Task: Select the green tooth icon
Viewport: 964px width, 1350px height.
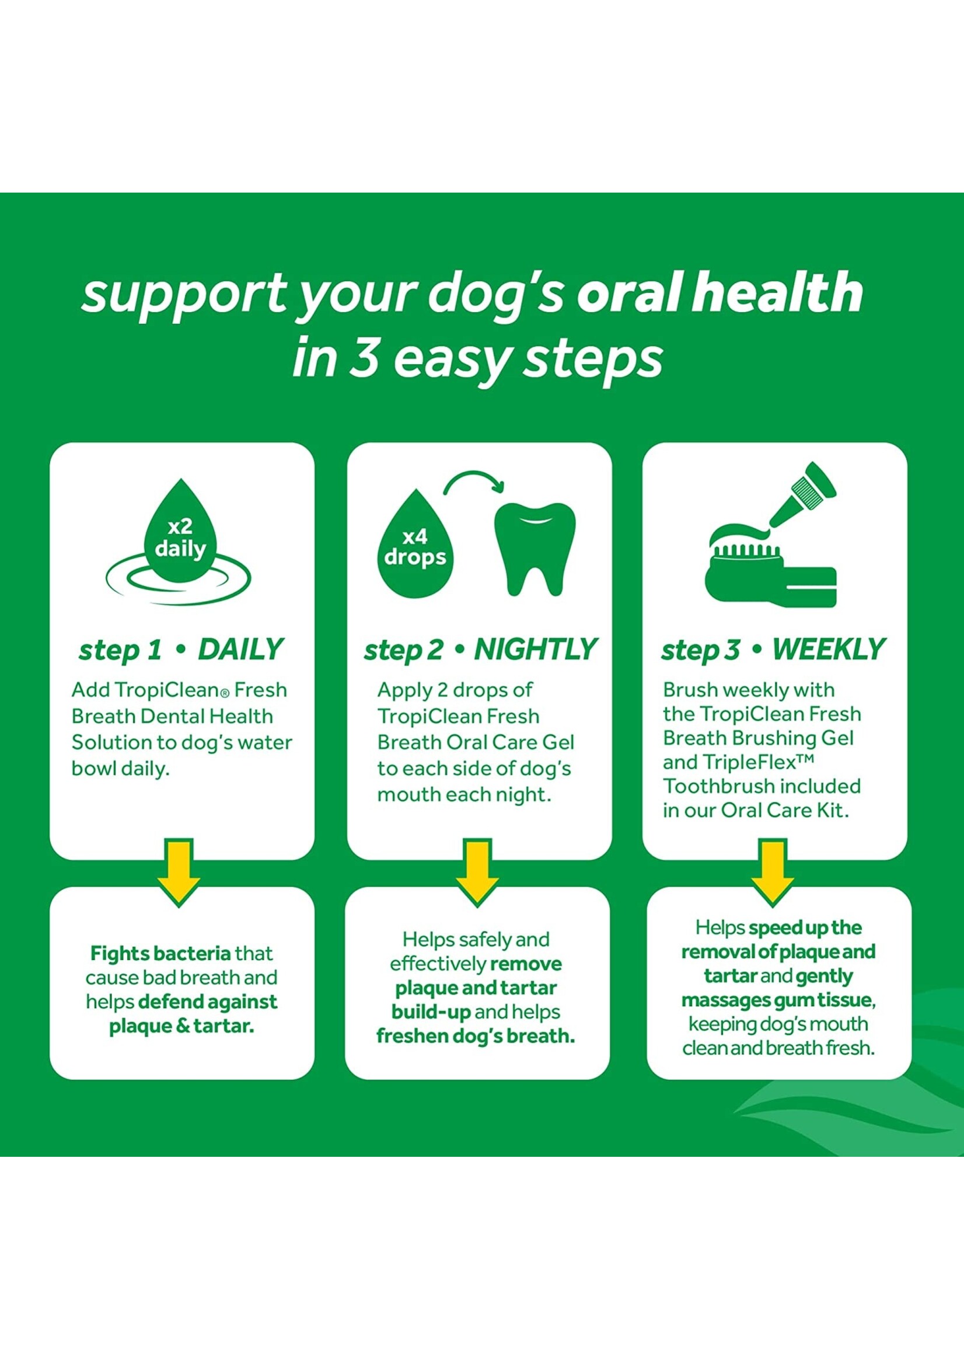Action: coord(535,549)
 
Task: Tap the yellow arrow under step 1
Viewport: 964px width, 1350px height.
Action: coord(179,873)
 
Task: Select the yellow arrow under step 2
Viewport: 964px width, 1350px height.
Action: coord(477,873)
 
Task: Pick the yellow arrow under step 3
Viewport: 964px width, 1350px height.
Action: coord(772,873)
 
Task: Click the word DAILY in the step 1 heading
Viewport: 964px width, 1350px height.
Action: coord(240,650)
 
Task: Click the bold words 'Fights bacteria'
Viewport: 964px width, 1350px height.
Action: coord(160,954)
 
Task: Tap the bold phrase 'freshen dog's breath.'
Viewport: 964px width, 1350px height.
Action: coord(476,1036)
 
